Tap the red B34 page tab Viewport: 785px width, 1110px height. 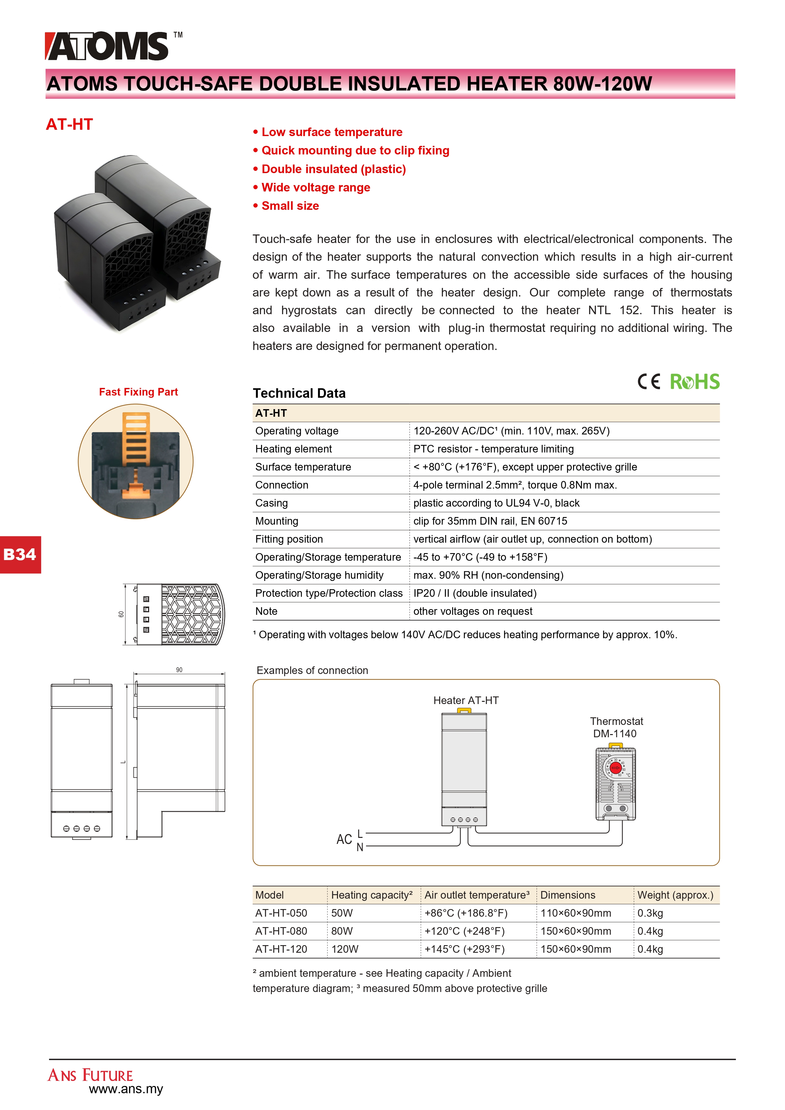[20, 554]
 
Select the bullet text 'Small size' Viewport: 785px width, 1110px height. [290, 206]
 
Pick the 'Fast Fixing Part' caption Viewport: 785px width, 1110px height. [138, 392]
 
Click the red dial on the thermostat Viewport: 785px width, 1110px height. [615, 768]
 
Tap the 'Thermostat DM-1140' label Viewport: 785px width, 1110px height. [616, 727]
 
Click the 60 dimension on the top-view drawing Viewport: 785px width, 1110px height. [121, 614]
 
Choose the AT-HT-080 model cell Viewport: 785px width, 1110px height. [281, 931]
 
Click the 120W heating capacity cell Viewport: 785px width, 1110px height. [345, 949]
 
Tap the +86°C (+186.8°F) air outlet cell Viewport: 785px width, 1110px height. [465, 913]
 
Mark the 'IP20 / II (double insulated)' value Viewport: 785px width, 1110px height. [475, 593]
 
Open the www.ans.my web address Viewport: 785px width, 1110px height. [126, 1089]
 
